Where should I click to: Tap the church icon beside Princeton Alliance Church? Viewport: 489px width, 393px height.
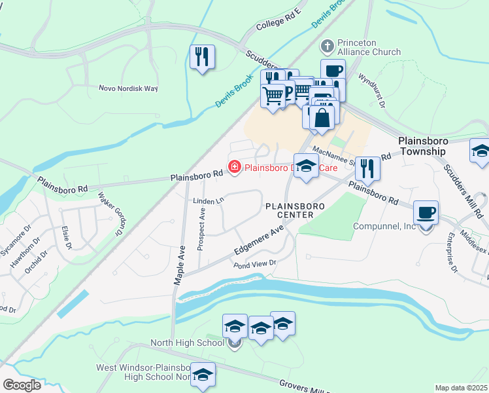(328, 47)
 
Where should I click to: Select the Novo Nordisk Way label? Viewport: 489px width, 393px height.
(128, 88)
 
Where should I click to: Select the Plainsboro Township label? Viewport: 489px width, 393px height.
(432, 146)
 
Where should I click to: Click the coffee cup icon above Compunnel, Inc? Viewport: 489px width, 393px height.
(426, 212)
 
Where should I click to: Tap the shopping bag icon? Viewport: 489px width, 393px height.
(322, 118)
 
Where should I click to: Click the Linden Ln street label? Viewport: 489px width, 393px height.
(209, 200)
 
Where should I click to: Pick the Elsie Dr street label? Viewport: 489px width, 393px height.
(65, 237)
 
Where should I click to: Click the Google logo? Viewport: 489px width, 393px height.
(22, 384)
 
